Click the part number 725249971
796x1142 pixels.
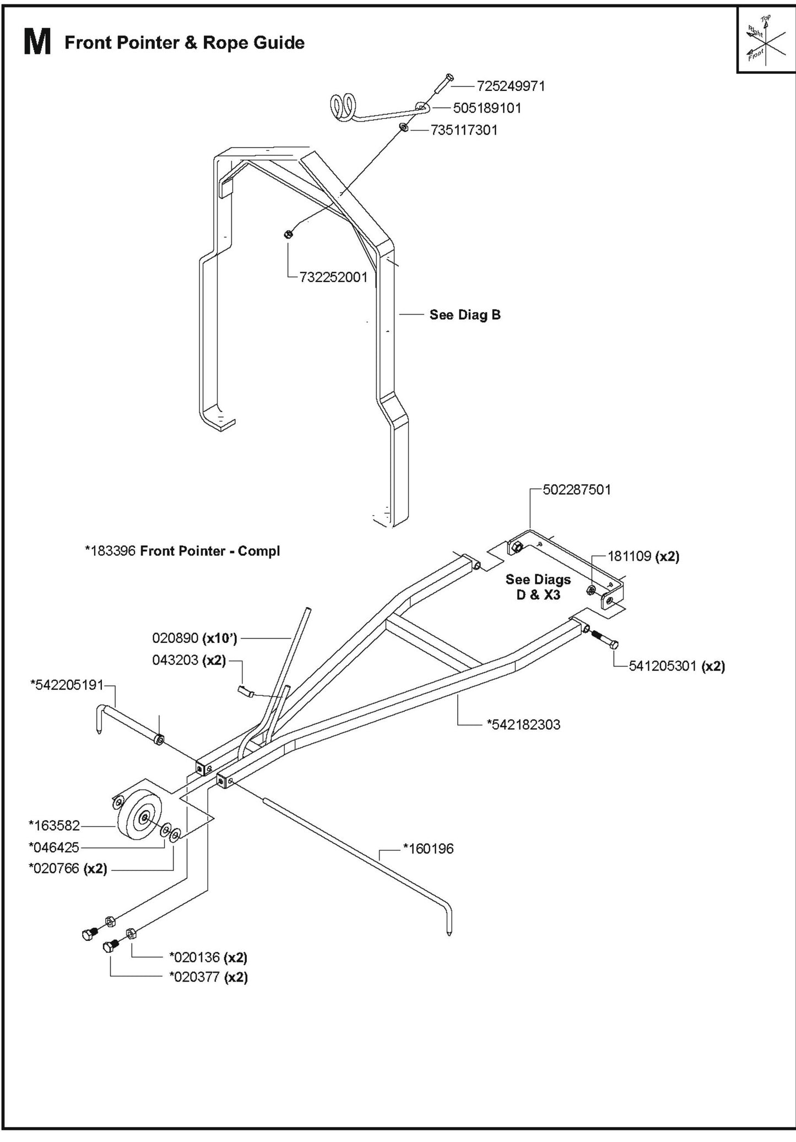(x=511, y=86)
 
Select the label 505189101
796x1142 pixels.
(x=487, y=108)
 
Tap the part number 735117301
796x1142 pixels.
(x=464, y=130)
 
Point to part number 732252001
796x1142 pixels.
(x=333, y=277)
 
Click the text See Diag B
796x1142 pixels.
(x=465, y=315)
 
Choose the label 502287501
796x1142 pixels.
(x=577, y=490)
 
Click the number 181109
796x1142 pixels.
(x=629, y=556)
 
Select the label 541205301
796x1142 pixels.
(x=663, y=666)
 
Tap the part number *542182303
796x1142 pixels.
(x=523, y=724)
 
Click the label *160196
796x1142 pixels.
(x=428, y=848)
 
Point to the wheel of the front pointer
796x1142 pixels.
(x=137, y=816)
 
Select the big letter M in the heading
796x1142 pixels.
(x=37, y=42)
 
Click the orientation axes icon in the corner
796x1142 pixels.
(x=765, y=41)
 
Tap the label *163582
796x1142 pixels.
(x=55, y=825)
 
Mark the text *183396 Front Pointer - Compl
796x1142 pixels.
(x=182, y=551)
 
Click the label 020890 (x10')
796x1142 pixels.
(x=194, y=638)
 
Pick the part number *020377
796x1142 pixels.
(x=194, y=977)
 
